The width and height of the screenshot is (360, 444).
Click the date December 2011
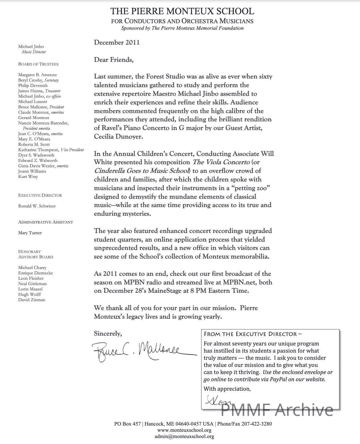(x=117, y=43)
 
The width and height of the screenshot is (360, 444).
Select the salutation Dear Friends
(x=114, y=60)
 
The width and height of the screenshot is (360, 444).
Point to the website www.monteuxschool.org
(x=184, y=430)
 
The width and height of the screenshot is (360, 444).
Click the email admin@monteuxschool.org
(x=184, y=437)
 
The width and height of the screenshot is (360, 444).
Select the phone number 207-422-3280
(x=256, y=424)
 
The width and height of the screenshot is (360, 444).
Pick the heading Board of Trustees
(x=38, y=64)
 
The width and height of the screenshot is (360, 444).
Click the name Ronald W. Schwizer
(x=37, y=206)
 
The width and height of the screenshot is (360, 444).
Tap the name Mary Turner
(x=30, y=233)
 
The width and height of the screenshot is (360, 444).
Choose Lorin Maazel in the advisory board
(x=30, y=289)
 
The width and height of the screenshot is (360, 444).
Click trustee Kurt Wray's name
(x=28, y=176)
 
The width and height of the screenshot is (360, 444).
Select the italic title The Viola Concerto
(x=221, y=162)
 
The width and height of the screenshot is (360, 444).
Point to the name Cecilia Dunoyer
(x=118, y=137)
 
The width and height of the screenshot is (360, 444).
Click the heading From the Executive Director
(x=253, y=334)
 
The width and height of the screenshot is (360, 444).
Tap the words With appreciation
(x=227, y=389)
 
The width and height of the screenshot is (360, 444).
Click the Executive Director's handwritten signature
(x=216, y=400)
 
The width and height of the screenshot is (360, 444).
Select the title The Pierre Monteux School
(x=182, y=11)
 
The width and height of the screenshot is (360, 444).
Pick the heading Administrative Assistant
(x=46, y=222)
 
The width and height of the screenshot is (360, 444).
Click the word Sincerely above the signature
(x=108, y=334)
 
